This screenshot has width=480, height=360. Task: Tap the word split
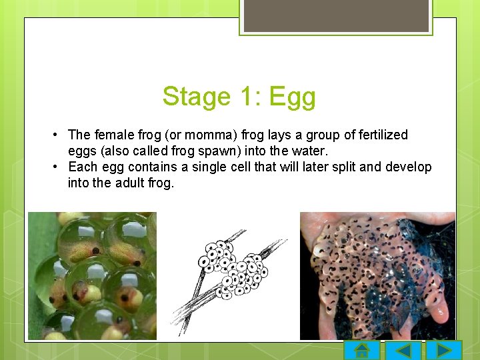coord(339,167)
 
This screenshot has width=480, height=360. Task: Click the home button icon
coord(362,351)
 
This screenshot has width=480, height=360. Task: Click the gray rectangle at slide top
coord(336,15)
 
